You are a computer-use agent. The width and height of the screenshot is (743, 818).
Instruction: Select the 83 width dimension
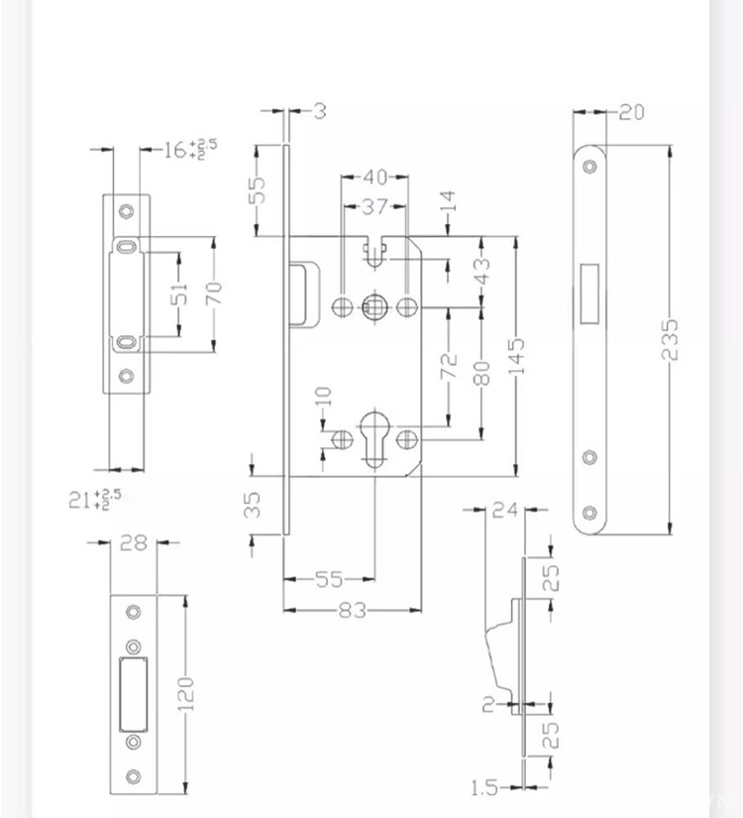click(353, 611)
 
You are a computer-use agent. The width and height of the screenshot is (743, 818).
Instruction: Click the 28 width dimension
click(133, 542)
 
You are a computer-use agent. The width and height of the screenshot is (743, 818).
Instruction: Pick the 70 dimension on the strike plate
click(214, 292)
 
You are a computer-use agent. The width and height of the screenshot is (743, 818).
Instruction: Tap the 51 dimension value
click(179, 294)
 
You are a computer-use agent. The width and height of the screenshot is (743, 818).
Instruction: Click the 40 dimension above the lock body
click(374, 177)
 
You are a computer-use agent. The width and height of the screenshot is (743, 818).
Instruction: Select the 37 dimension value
click(373, 207)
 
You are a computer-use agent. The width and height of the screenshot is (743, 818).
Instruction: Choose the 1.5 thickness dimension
click(484, 788)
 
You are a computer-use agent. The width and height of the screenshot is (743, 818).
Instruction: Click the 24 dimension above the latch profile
click(505, 511)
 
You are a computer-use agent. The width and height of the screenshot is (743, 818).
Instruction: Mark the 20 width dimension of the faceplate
click(631, 112)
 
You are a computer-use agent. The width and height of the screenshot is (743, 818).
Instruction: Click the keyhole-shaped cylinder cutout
click(375, 436)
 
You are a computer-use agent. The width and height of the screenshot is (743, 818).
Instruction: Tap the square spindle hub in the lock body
click(374, 305)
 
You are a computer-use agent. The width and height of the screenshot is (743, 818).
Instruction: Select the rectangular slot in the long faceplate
click(589, 293)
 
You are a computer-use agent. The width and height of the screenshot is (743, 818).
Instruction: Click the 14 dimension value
click(448, 204)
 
